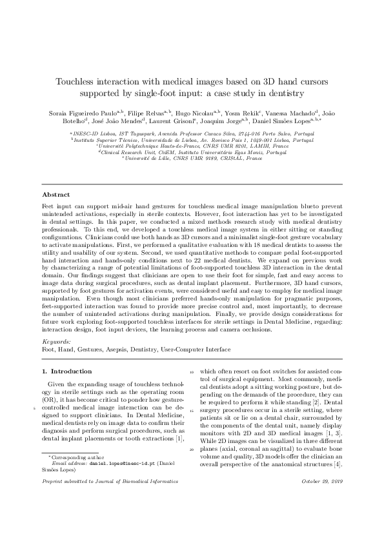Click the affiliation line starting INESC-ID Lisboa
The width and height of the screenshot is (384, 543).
coord(192,133)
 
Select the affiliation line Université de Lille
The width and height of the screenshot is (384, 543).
coord(192,158)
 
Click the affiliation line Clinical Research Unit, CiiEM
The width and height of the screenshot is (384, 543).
coord(192,152)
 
